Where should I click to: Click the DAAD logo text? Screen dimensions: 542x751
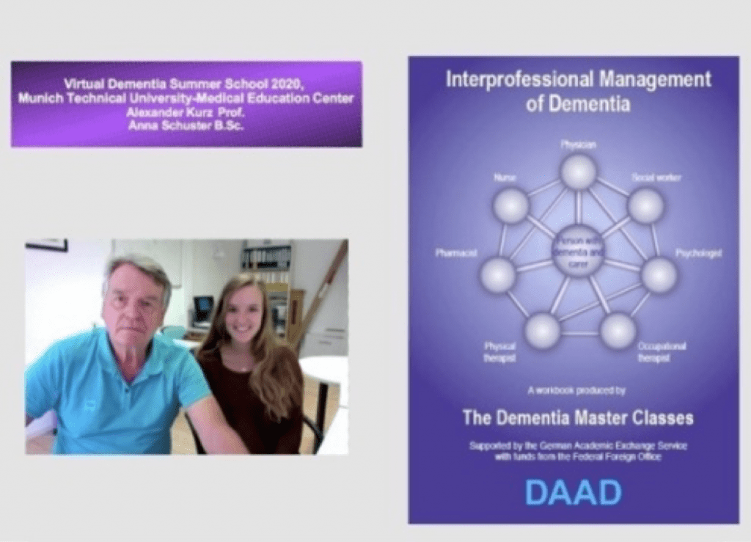point(573,493)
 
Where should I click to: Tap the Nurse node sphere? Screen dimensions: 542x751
point(510,205)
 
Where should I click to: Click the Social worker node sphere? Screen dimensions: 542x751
point(646,206)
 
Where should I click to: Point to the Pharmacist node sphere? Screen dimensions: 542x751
point(498,275)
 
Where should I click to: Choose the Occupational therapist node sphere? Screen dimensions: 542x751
point(618,331)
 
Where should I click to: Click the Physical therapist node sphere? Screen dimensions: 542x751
point(543,331)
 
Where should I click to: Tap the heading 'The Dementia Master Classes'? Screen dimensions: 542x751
point(577,418)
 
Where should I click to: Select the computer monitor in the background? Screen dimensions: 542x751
point(202,309)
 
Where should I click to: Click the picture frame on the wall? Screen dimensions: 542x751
point(45,244)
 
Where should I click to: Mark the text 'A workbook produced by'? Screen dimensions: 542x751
point(576,390)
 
